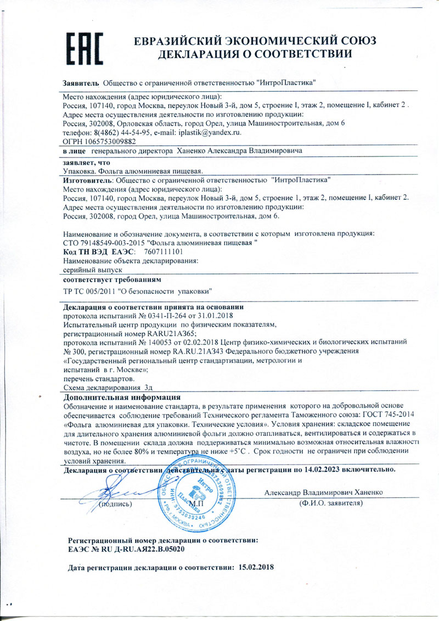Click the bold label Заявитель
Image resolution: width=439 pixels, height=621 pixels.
click(x=81, y=82)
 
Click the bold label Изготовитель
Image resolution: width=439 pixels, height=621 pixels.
click(x=87, y=180)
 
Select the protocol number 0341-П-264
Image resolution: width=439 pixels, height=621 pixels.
click(x=155, y=316)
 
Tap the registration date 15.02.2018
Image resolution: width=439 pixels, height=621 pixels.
click(x=257, y=567)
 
